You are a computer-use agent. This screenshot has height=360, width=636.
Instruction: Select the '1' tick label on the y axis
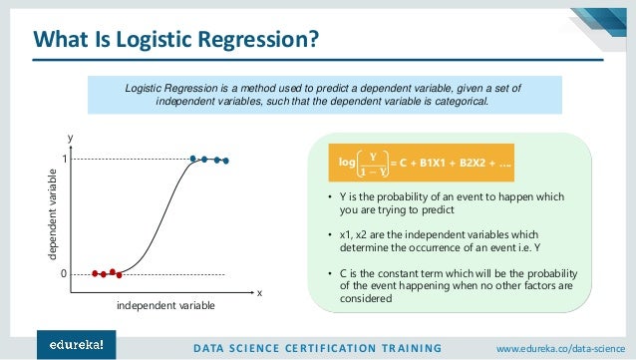(x=62, y=160)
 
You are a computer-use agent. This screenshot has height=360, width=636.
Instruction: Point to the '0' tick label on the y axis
(x=62, y=272)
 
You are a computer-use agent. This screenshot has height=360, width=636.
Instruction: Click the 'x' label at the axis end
(x=259, y=293)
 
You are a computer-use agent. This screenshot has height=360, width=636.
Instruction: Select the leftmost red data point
(x=95, y=273)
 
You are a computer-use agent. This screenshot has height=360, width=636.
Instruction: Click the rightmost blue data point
(x=226, y=161)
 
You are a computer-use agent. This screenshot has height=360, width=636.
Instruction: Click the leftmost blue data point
(x=193, y=159)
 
